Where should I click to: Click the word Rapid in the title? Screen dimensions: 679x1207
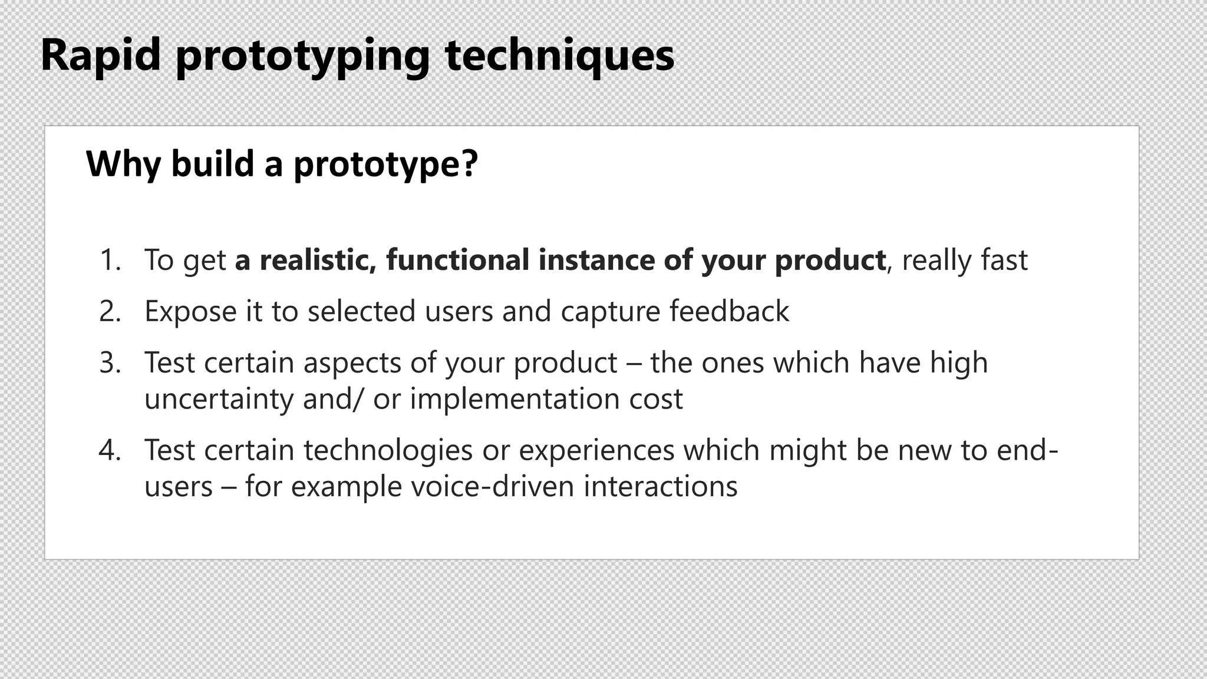point(101,55)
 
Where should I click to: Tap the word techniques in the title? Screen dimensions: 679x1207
point(559,55)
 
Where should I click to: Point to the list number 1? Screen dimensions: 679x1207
point(110,260)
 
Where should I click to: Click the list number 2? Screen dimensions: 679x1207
point(110,311)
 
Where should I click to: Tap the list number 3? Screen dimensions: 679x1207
point(110,362)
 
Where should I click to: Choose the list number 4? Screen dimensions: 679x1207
point(110,450)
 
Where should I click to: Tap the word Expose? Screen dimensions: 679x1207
point(190,311)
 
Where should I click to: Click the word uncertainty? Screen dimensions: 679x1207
point(219,399)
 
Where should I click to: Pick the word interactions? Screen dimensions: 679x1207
point(661,487)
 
